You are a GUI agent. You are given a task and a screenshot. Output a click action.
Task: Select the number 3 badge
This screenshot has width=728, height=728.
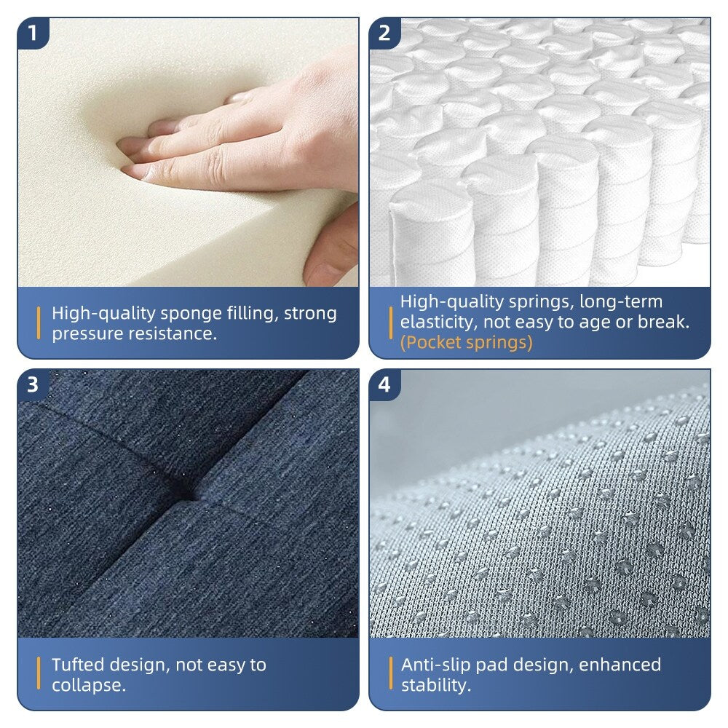[x=32, y=384]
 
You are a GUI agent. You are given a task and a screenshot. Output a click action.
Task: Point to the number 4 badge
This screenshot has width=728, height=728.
[x=384, y=384]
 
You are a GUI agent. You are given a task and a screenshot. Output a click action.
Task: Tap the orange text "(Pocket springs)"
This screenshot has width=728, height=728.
[x=466, y=342]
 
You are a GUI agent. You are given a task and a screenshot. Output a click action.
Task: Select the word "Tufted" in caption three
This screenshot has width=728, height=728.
[x=78, y=665]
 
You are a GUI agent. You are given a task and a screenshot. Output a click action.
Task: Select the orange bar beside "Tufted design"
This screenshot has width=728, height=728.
[x=39, y=674]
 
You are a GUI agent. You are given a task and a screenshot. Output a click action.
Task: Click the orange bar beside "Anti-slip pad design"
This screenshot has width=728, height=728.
[x=391, y=674]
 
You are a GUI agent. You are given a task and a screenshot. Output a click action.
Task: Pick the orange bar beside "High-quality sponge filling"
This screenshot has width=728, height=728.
[x=39, y=323]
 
